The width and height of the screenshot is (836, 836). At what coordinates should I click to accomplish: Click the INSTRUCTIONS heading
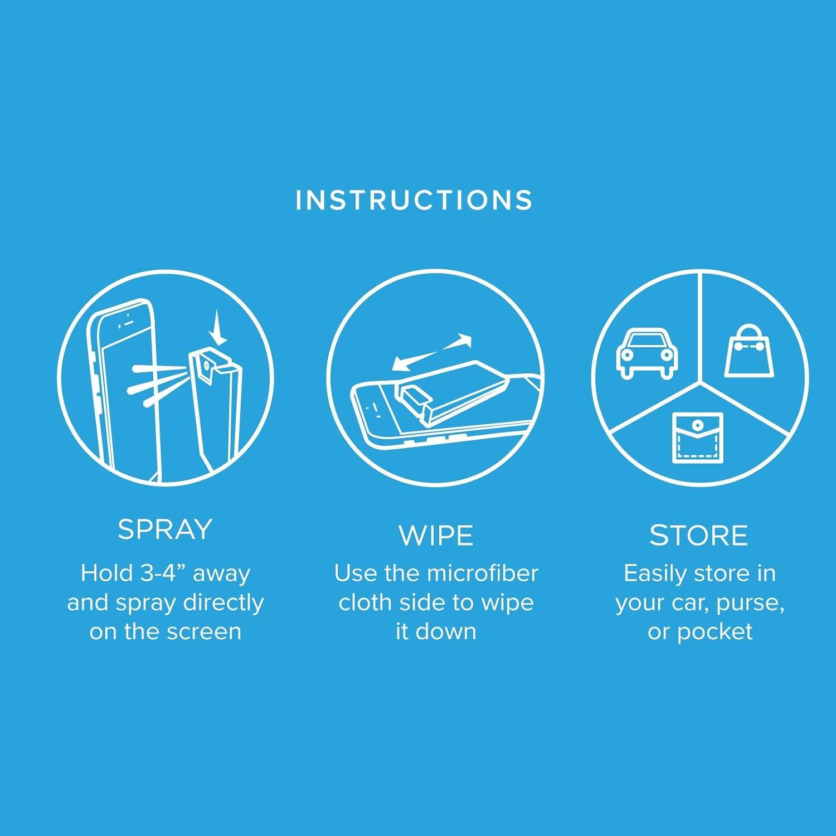pos(414,201)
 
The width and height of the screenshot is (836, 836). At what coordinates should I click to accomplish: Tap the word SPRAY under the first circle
pos(165,529)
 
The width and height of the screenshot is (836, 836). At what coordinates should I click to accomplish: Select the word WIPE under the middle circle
pos(436,536)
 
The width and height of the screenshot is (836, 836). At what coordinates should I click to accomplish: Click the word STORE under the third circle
pos(698,536)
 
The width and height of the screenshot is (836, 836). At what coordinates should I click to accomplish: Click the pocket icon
pos(697,438)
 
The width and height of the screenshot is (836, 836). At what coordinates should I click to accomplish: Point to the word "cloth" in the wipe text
pos(364,602)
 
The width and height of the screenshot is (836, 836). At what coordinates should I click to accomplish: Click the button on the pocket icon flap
pos(696,426)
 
